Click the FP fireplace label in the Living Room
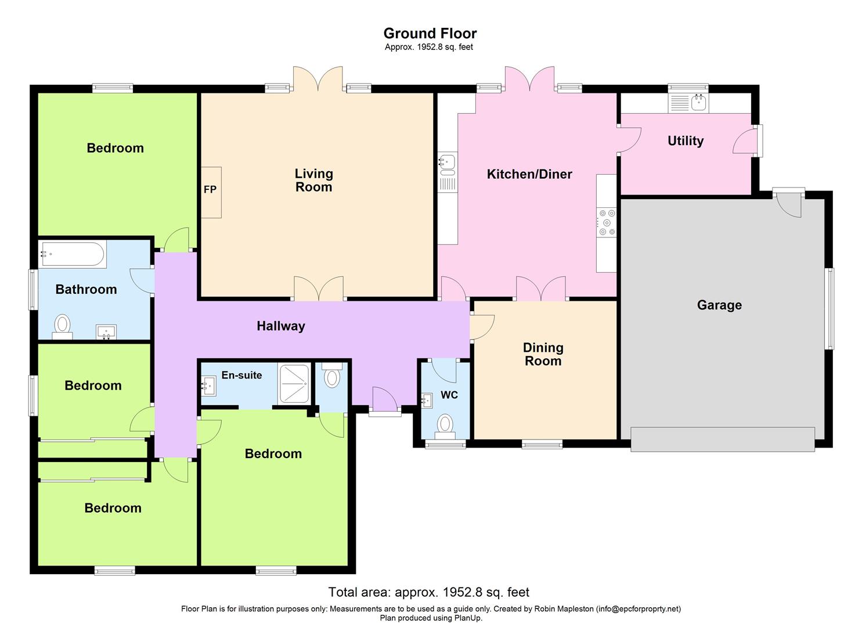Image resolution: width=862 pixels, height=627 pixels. point(210,190)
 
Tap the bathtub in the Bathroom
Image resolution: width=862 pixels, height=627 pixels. point(73,254)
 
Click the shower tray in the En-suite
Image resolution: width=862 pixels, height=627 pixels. point(293,383)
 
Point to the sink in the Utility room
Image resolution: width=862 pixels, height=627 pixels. point(698,103)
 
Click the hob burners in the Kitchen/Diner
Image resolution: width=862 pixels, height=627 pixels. point(607,222)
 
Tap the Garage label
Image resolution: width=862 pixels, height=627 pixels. point(719,305)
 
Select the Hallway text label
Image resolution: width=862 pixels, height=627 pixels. point(281,326)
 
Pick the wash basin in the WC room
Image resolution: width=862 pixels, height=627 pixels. point(427,400)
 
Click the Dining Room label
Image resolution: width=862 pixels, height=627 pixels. point(543,354)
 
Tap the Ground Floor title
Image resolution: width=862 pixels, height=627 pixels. point(430,33)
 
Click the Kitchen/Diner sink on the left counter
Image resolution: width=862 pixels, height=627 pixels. point(448,164)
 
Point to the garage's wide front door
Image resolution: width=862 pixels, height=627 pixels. point(723,439)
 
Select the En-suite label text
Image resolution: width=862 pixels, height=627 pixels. point(241,375)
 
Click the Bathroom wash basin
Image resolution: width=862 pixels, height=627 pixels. point(106,333)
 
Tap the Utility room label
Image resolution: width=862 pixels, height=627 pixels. point(686,140)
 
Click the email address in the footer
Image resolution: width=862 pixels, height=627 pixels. point(638,609)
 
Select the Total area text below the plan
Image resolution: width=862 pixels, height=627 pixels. point(429,592)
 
